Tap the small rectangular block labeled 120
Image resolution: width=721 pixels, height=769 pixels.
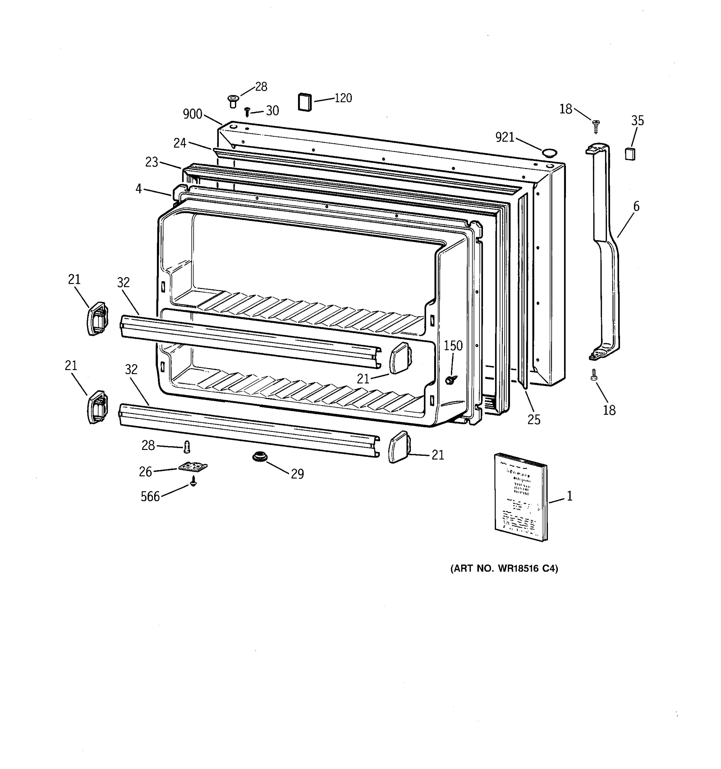304,102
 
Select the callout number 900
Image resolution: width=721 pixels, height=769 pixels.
192,114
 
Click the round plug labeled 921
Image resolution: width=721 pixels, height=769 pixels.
549,152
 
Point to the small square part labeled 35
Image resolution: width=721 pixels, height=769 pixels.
630,154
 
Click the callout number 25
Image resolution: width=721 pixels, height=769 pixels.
534,420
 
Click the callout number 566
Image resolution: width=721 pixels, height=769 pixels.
150,497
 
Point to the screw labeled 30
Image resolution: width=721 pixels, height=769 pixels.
247,112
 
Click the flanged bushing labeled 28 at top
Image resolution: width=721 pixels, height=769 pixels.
233,101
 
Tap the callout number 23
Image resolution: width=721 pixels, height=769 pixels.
152,162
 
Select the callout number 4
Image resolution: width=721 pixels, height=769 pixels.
138,189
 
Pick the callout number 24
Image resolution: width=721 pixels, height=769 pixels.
180,144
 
